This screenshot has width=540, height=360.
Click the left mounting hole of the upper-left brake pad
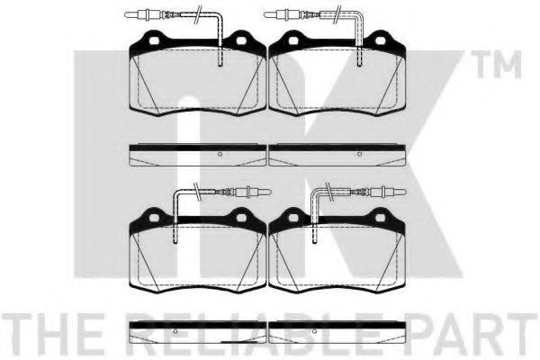click(x=154, y=40)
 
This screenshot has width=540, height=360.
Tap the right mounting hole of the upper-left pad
click(x=241, y=40)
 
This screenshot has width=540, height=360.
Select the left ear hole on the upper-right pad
click(x=293, y=40)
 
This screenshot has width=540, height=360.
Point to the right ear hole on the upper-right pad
click(x=380, y=40)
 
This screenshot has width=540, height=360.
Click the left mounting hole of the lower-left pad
click(x=154, y=218)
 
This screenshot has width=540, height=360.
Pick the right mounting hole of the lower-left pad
click(x=241, y=218)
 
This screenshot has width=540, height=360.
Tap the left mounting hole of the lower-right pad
click(x=293, y=218)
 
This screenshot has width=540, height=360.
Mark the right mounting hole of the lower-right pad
click(x=380, y=218)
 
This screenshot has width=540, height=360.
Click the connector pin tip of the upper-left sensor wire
click(x=125, y=14)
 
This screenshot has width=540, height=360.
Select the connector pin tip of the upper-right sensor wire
click(x=265, y=14)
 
